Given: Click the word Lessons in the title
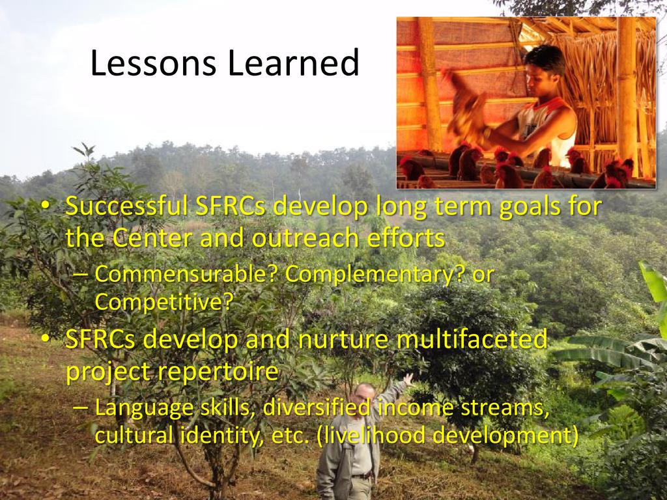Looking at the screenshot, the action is coord(153,62).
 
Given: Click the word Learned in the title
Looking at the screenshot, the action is coord(294,62).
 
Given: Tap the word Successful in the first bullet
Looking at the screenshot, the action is coord(126,206).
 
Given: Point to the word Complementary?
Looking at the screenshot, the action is coord(375,275).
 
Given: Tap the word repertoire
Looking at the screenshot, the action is coord(218,371).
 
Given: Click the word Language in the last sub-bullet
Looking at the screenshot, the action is coord(144,408).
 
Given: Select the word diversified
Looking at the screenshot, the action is coord(317,408).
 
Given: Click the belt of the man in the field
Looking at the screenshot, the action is coord(363,477).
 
